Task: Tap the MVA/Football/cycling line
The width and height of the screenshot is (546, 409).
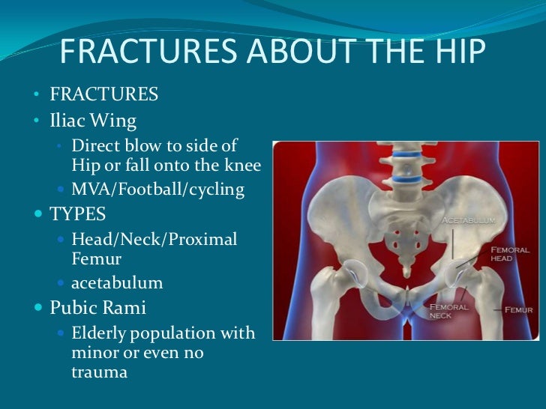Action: pos(157,190)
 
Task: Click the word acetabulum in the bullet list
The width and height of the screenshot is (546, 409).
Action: pos(117,283)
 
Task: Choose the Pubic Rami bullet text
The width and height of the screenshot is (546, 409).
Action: pos(97,307)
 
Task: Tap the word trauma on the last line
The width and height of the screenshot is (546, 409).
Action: pos(94,370)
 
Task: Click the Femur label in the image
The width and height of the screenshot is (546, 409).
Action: pos(517,309)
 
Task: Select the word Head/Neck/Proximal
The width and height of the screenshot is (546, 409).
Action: pos(154,240)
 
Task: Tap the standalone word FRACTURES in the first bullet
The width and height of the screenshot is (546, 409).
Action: pos(103,94)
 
